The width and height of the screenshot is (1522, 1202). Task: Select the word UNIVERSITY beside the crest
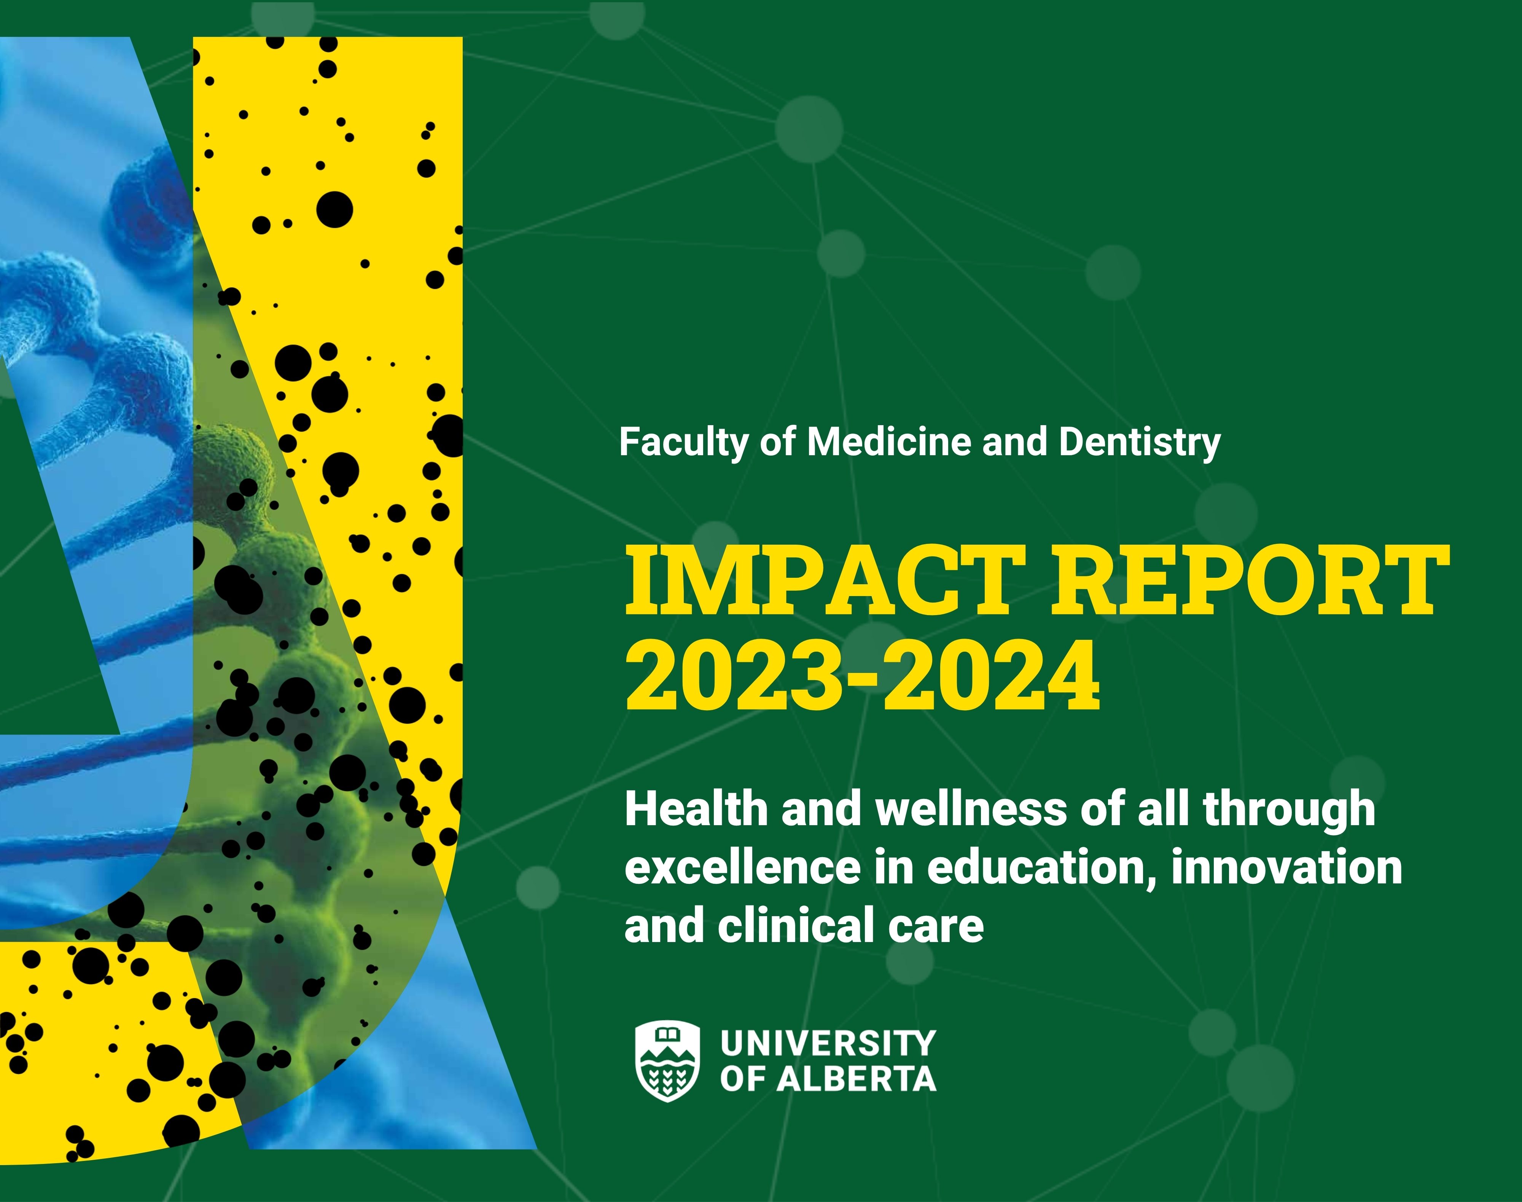[x=828, y=1043]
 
